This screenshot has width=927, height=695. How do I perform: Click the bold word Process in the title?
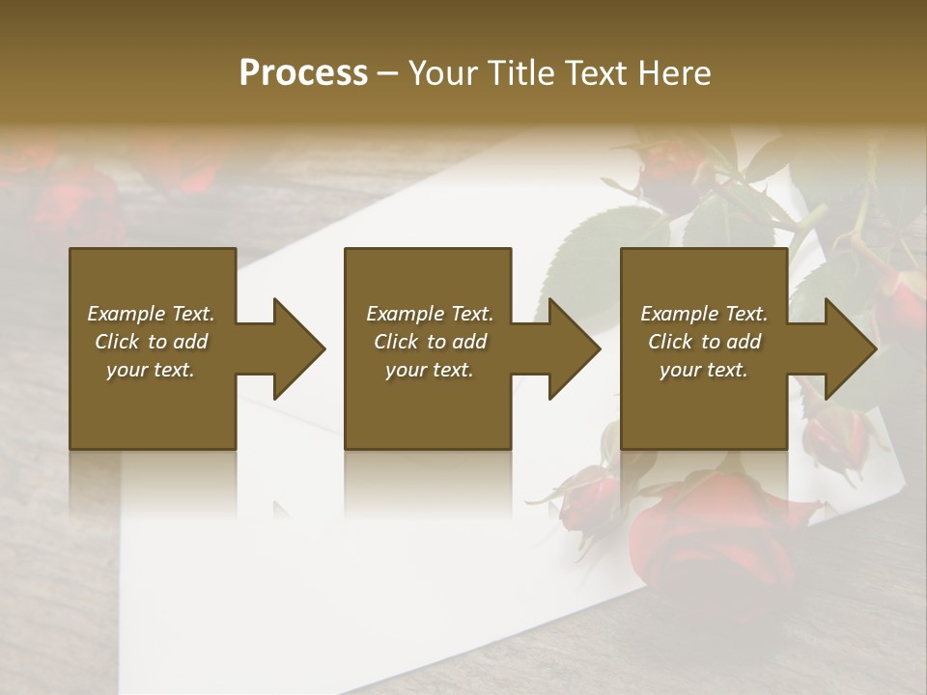tap(303, 72)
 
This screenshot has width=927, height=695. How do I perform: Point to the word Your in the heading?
tap(443, 72)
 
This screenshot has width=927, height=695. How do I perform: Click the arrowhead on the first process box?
tap(297, 348)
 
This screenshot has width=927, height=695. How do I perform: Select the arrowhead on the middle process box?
tap(573, 348)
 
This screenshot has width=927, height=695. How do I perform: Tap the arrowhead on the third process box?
tap(848, 348)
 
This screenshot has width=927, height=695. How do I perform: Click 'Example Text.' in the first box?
tap(152, 314)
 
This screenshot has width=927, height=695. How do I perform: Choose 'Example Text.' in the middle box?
tap(429, 314)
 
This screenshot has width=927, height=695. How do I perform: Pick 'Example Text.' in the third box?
tap(704, 314)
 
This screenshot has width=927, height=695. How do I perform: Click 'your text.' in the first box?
tap(152, 370)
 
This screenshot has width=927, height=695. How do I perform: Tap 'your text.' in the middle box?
tap(429, 370)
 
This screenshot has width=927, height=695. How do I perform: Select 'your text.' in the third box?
tap(704, 370)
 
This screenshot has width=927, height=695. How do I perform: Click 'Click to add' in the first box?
tap(152, 342)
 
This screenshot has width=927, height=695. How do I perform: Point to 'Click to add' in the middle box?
tap(429, 342)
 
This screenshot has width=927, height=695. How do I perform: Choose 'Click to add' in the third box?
tap(704, 342)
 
